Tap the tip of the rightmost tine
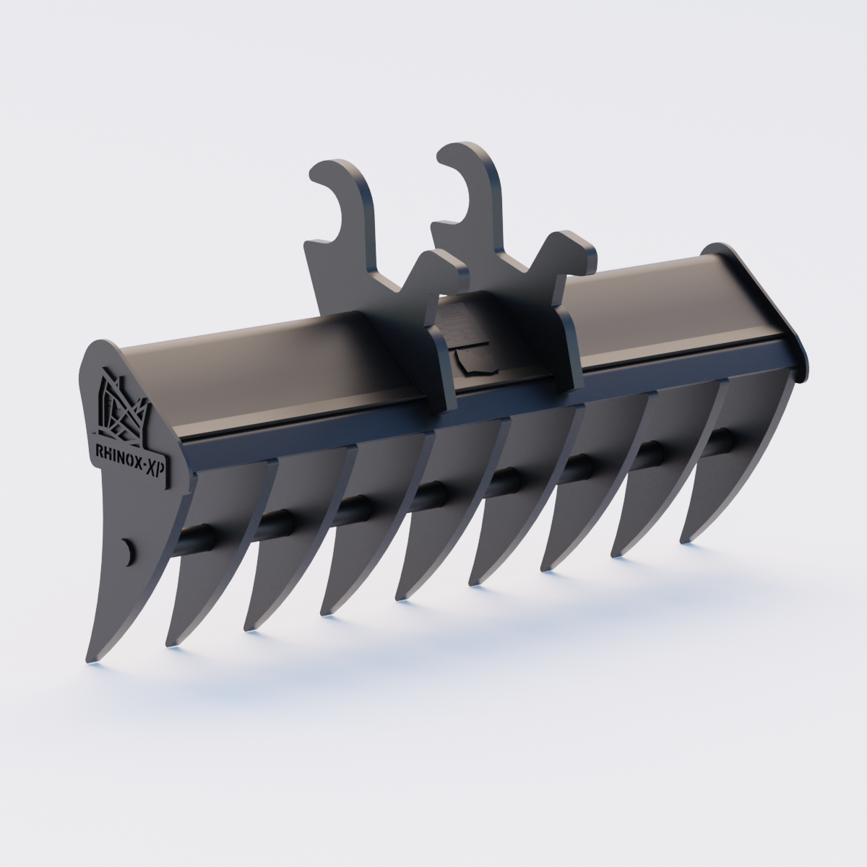pyautogui.click(x=683, y=538)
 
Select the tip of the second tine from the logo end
pyautogui.click(x=170, y=643)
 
